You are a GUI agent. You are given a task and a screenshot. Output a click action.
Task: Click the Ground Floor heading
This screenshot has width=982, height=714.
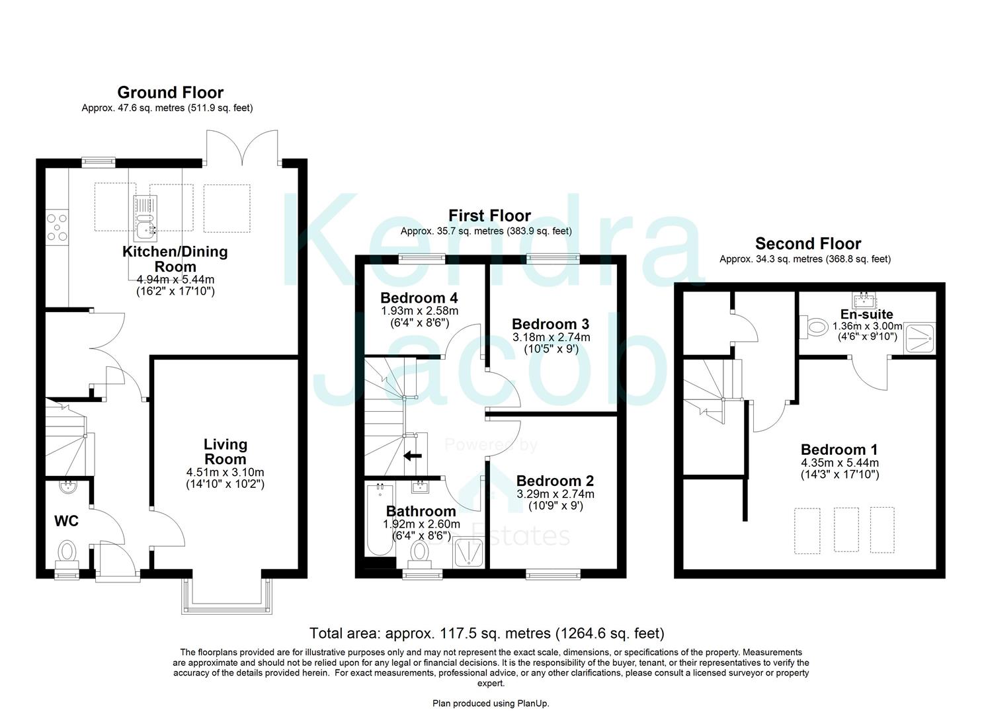(x=170, y=93)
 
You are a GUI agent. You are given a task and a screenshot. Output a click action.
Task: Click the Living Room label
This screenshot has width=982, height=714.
(x=225, y=452)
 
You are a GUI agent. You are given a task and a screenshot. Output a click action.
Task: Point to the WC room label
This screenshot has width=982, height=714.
(x=66, y=521)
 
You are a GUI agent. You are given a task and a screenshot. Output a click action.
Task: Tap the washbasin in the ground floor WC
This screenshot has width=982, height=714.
(x=68, y=488)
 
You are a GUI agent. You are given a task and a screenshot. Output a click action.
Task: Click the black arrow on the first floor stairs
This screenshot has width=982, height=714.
(x=413, y=456)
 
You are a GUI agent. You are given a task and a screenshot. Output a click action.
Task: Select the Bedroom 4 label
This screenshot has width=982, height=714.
(x=419, y=297)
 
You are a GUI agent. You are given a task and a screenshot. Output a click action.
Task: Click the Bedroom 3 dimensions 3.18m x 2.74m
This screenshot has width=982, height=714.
(x=551, y=337)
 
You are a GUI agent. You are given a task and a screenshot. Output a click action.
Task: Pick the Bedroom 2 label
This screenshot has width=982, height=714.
(x=555, y=481)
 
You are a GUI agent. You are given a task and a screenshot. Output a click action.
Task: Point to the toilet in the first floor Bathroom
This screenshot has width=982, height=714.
(x=419, y=553)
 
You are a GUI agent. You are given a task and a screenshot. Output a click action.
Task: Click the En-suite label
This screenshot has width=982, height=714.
(x=866, y=314)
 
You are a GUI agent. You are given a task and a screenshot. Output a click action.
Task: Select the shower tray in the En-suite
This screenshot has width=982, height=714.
(x=920, y=337)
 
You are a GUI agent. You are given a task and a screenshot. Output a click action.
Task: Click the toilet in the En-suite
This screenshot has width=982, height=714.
(x=815, y=326)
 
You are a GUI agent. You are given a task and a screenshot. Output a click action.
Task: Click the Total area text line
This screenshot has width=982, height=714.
(x=487, y=633)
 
